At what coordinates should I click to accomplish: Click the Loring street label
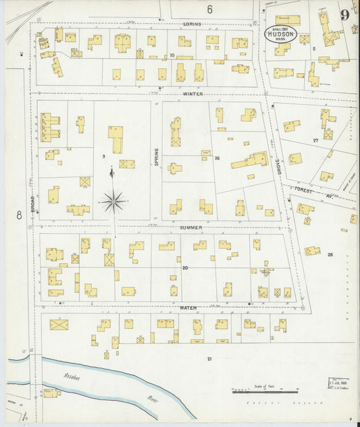click(x=192, y=24)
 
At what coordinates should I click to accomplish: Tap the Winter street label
click(x=192, y=94)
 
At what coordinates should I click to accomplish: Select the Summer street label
click(x=191, y=228)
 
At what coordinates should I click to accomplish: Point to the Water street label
click(x=188, y=307)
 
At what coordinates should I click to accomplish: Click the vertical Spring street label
click(x=156, y=158)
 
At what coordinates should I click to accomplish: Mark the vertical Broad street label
click(x=32, y=203)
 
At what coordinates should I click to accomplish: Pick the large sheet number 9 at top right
click(x=345, y=16)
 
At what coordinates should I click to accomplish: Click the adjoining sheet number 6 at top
click(x=210, y=9)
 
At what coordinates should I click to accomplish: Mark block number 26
click(x=217, y=158)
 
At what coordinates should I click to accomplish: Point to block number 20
click(x=184, y=268)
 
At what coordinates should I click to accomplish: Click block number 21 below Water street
click(x=209, y=358)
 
